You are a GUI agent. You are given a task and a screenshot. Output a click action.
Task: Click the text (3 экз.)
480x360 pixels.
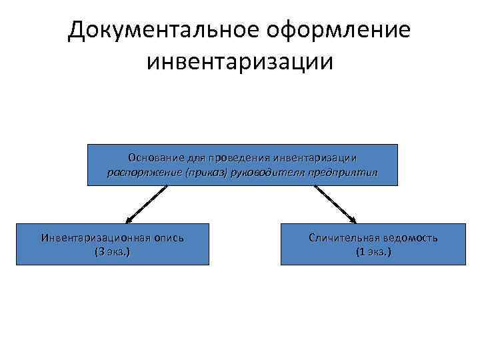click(113, 252)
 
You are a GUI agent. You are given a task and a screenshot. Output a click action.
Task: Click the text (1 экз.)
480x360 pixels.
click(373, 252)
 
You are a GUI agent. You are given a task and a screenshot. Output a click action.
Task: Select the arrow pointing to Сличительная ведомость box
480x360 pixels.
click(335, 203)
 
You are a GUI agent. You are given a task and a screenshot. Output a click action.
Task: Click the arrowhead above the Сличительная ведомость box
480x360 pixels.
click(354, 219)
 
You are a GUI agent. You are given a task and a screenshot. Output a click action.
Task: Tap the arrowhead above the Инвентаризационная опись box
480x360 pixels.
click(128, 218)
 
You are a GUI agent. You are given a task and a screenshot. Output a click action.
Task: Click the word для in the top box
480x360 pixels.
click(193, 157)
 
